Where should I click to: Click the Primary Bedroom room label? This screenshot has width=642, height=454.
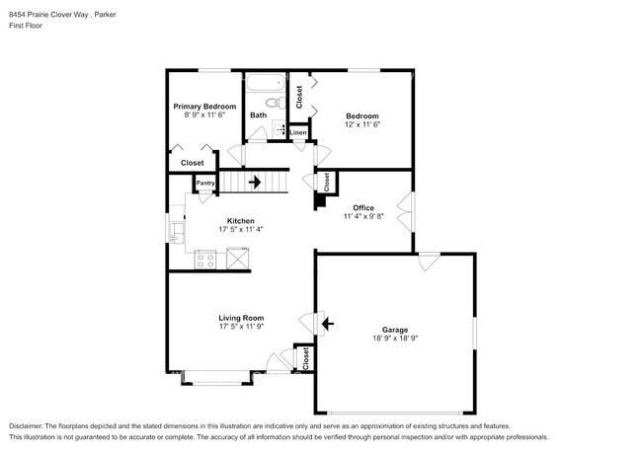(204, 107)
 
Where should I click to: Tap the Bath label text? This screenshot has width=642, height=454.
(258, 115)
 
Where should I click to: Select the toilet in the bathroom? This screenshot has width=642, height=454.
(276, 100)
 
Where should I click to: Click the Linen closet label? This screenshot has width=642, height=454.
(297, 131)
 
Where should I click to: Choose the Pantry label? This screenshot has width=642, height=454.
(205, 183)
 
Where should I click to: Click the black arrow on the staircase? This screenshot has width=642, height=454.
(255, 182)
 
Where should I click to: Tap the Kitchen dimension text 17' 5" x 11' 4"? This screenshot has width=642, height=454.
(241, 230)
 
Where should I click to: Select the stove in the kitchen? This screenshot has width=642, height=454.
(206, 259)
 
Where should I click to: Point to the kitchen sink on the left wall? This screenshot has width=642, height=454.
(178, 232)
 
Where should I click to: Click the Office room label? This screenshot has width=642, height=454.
(363, 207)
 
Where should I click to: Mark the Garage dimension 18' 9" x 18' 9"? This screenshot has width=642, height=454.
(395, 339)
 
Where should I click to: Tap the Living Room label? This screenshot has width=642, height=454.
(241, 317)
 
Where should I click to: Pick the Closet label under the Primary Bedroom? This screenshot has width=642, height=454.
(192, 163)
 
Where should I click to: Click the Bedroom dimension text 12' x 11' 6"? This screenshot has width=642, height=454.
(361, 124)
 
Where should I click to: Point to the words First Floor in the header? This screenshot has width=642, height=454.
(26, 26)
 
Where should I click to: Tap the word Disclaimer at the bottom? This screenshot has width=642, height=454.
(30, 423)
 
